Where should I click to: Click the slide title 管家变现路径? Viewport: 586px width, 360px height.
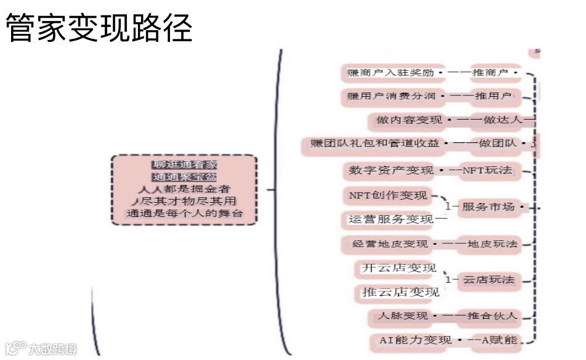click(99, 28)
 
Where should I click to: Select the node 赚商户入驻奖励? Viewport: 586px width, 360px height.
click(389, 73)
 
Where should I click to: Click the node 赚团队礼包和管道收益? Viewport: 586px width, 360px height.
click(375, 144)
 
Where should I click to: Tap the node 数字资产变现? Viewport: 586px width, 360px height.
click(391, 170)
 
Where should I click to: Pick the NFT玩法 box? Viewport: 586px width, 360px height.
click(487, 170)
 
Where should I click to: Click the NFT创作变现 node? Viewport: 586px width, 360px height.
click(388, 196)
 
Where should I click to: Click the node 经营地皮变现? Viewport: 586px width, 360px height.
click(390, 244)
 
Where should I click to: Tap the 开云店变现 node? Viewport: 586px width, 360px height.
click(398, 268)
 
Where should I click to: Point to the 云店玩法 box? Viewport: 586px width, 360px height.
click(489, 280)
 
